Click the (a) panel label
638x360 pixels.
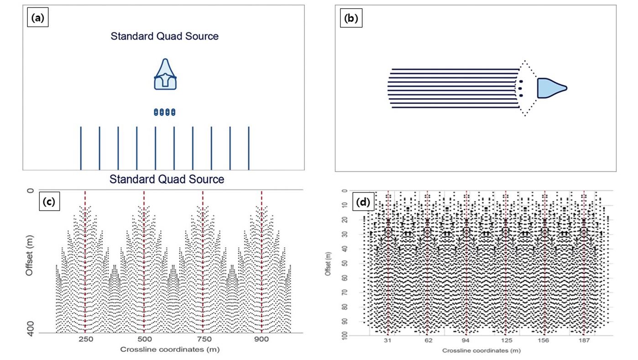(38, 19)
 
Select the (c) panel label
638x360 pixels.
(49, 201)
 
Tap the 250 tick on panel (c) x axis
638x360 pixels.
(85, 339)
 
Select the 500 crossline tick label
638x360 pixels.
(144, 339)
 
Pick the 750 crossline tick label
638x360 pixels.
(203, 339)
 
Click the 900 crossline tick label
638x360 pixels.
(261, 339)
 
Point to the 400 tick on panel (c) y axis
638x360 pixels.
(30, 334)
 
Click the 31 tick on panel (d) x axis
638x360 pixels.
(388, 341)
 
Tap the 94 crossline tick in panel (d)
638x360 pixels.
(466, 341)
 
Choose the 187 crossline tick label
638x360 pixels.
(584, 341)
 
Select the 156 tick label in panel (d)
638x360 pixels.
(545, 341)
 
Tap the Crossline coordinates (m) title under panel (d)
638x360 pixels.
(481, 351)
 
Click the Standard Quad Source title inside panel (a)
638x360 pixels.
(164, 36)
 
